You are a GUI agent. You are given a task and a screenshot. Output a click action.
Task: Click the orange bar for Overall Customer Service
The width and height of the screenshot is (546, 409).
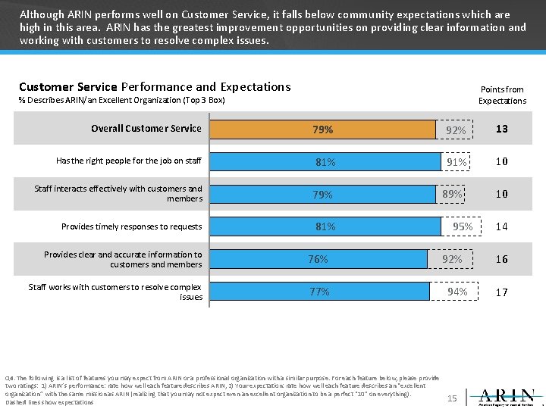pos(322,130)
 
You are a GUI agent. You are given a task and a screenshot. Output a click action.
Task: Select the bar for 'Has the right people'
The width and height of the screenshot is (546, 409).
pos(325,161)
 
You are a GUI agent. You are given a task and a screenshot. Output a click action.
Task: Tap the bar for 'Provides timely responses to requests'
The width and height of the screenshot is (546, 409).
pos(325,226)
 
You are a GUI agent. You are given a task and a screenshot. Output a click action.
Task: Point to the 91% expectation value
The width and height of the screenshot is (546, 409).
pos(457,161)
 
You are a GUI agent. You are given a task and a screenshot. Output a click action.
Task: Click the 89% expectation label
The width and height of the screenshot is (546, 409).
pos(452,194)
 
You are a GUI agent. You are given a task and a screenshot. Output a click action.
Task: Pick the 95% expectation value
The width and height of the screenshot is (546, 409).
pos(463,226)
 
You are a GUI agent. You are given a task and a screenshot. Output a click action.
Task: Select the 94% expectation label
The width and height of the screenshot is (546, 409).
pos(457,292)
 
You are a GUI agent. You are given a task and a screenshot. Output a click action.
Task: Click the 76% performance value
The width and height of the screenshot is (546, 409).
pos(318,259)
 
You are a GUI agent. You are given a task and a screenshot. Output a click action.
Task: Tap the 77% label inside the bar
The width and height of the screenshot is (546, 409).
pos(319,292)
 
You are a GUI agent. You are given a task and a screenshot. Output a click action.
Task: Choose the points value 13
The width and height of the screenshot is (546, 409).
pos(501,130)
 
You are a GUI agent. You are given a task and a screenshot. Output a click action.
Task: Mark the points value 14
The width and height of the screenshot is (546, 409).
pos(501,226)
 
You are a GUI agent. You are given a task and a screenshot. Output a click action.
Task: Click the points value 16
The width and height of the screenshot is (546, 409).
pos(501,259)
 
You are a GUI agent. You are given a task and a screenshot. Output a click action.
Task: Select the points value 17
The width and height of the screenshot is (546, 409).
pos(501,292)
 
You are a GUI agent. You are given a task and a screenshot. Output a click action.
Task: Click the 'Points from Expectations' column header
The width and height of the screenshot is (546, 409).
pos(501,95)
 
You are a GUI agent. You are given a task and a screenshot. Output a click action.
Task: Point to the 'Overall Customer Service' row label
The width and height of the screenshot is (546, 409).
pos(146,129)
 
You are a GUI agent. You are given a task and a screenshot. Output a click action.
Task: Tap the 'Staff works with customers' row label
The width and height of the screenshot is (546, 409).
pos(115,292)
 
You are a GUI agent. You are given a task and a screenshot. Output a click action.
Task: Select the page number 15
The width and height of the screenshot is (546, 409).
pos(453,398)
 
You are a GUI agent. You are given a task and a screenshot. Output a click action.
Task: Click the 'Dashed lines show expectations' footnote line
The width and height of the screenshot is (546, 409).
pos(49,402)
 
